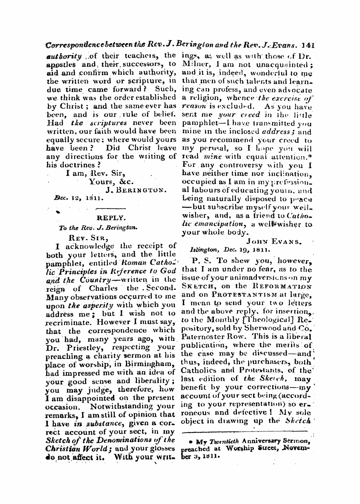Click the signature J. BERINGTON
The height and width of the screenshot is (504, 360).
tap(135, 190)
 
